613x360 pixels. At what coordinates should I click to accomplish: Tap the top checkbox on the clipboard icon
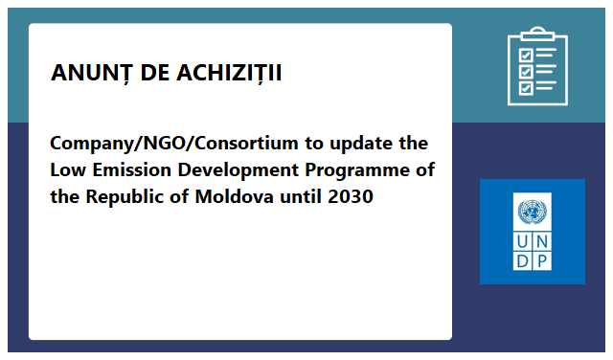pyautogui.click(x=525, y=54)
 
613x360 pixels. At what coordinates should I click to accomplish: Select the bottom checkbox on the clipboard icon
pyautogui.click(x=525, y=87)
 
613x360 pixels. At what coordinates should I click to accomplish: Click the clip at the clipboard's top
pyautogui.click(x=536, y=34)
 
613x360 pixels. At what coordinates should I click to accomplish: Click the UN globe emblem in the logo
pyautogui.click(x=532, y=212)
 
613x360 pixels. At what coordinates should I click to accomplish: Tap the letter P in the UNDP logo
pyautogui.click(x=542, y=260)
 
